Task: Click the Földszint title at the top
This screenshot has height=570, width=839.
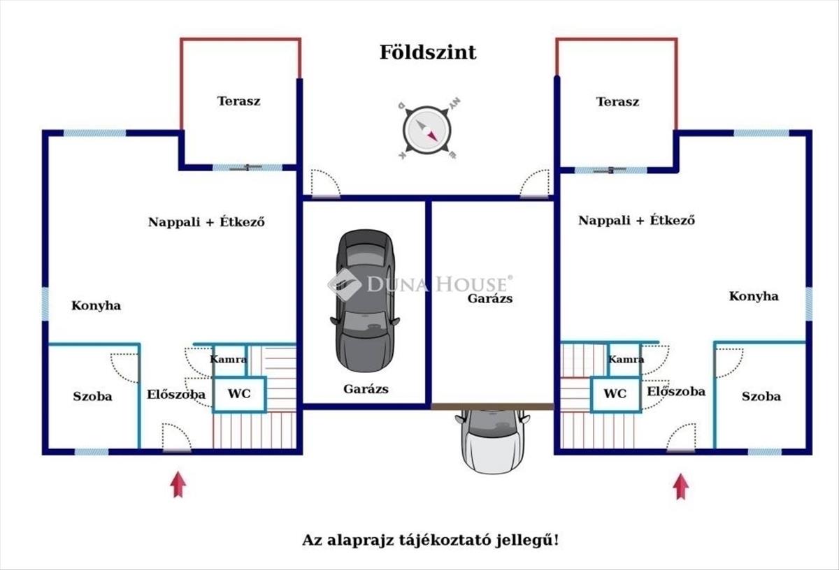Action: click(428, 52)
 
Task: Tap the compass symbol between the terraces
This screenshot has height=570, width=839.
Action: click(426, 130)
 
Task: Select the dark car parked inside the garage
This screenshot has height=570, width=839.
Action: click(363, 300)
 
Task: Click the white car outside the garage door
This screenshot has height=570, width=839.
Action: click(492, 440)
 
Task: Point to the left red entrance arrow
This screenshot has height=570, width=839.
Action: click(178, 484)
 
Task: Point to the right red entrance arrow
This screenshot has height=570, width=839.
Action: click(681, 486)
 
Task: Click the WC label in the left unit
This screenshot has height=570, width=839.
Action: click(238, 394)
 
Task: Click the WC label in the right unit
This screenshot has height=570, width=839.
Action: click(615, 394)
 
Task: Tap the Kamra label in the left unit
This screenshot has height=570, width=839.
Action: click(229, 359)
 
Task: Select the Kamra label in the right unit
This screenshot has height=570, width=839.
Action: click(626, 359)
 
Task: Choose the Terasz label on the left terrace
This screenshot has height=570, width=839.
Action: click(238, 101)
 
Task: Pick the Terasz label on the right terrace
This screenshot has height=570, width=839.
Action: click(617, 101)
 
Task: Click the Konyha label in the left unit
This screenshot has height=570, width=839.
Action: click(96, 305)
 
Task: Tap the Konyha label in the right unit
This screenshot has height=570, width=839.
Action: click(754, 296)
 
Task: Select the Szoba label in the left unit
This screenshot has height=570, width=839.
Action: click(92, 396)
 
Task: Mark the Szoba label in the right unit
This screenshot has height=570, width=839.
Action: click(761, 396)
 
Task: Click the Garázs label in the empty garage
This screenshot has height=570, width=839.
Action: click(490, 298)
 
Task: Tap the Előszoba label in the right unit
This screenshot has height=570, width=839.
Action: click(675, 391)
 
